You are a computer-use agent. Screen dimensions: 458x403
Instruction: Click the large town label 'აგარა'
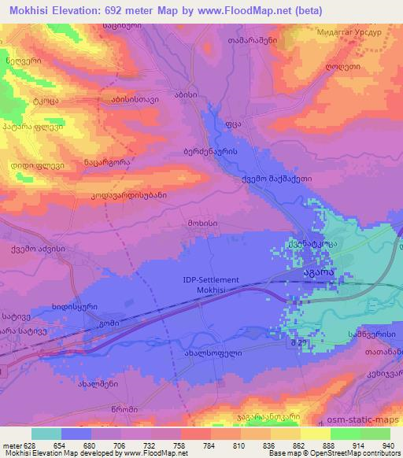(315, 272)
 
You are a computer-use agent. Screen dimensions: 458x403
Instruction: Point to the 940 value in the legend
(389, 445)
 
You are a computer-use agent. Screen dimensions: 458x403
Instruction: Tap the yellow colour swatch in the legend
(316, 434)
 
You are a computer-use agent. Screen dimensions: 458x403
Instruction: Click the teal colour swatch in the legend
(46, 434)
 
